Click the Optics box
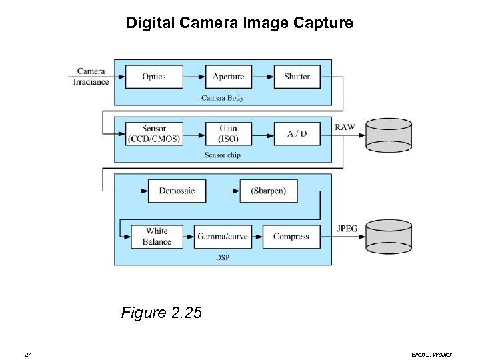click(x=154, y=77)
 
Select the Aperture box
click(x=228, y=77)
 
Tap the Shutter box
click(x=297, y=77)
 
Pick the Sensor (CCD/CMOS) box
click(x=154, y=134)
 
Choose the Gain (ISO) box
click(x=228, y=134)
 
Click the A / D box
click(x=297, y=134)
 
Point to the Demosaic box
click(x=177, y=191)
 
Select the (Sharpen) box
click(x=268, y=191)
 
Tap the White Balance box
click(x=157, y=237)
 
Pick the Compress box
click(x=291, y=237)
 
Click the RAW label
click(x=345, y=127)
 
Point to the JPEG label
click(x=347, y=229)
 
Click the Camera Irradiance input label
click(x=91, y=76)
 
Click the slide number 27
click(x=27, y=354)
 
